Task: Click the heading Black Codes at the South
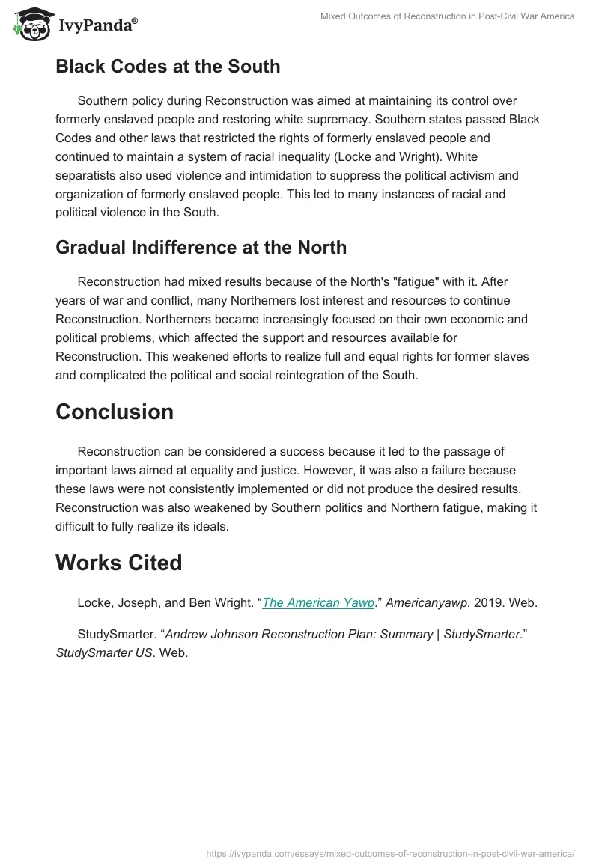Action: click(x=168, y=67)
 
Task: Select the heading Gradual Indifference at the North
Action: click(x=201, y=248)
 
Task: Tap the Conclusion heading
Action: click(x=115, y=412)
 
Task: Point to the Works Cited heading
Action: click(x=119, y=563)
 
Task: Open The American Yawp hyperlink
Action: click(x=318, y=603)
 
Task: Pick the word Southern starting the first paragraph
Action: click(x=103, y=100)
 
